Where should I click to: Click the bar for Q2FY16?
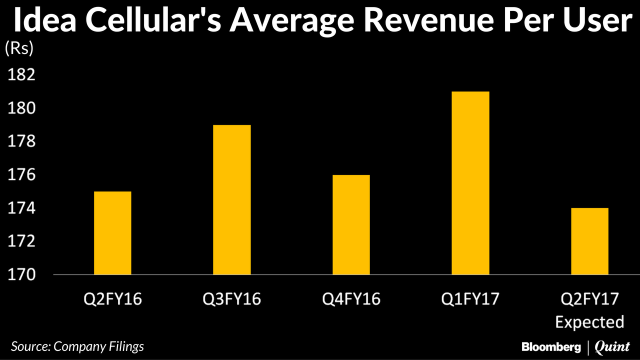(112, 233)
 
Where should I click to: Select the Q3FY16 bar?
(231, 200)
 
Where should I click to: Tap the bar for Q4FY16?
(351, 225)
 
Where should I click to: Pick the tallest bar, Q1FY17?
(470, 183)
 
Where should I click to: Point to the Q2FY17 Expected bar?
(589, 241)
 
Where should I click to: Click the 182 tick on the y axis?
(20, 75)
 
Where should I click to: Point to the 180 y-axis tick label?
(20, 108)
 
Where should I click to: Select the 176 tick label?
(20, 175)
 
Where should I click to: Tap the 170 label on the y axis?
(20, 275)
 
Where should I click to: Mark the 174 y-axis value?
(20, 208)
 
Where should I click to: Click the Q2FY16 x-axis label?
(112, 299)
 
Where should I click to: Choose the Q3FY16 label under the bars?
(231, 299)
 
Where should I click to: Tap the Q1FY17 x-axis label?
(470, 299)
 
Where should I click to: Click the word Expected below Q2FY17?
(589, 321)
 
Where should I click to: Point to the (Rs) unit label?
(19, 48)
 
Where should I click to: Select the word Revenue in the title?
(410, 22)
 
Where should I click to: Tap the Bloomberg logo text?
(551, 346)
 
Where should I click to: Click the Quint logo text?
(612, 346)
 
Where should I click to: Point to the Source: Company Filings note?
(77, 346)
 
